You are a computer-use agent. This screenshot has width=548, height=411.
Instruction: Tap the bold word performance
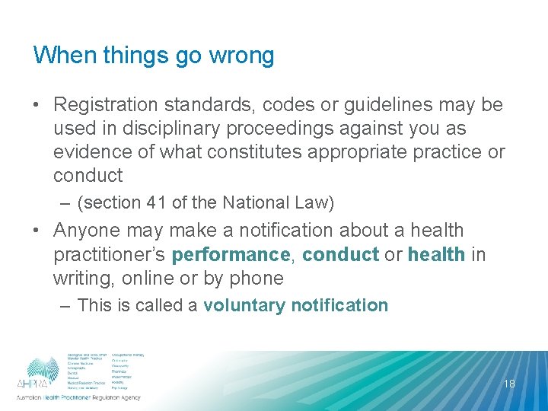[x=231, y=253]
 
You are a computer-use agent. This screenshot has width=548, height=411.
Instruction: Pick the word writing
[x=81, y=278]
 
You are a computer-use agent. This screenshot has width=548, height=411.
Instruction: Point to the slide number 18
[x=509, y=384]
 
